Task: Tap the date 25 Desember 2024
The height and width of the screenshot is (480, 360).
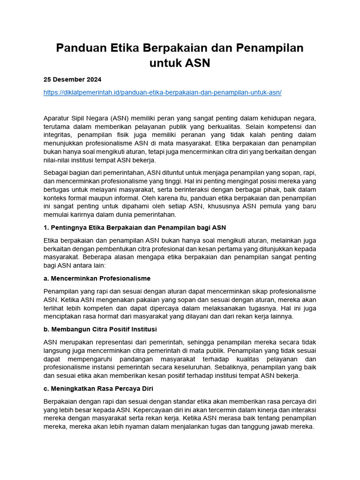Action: click(x=72, y=79)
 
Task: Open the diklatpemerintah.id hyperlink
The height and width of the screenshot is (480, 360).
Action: click(x=162, y=92)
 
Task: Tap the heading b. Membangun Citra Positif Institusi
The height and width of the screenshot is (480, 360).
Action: click(x=100, y=329)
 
